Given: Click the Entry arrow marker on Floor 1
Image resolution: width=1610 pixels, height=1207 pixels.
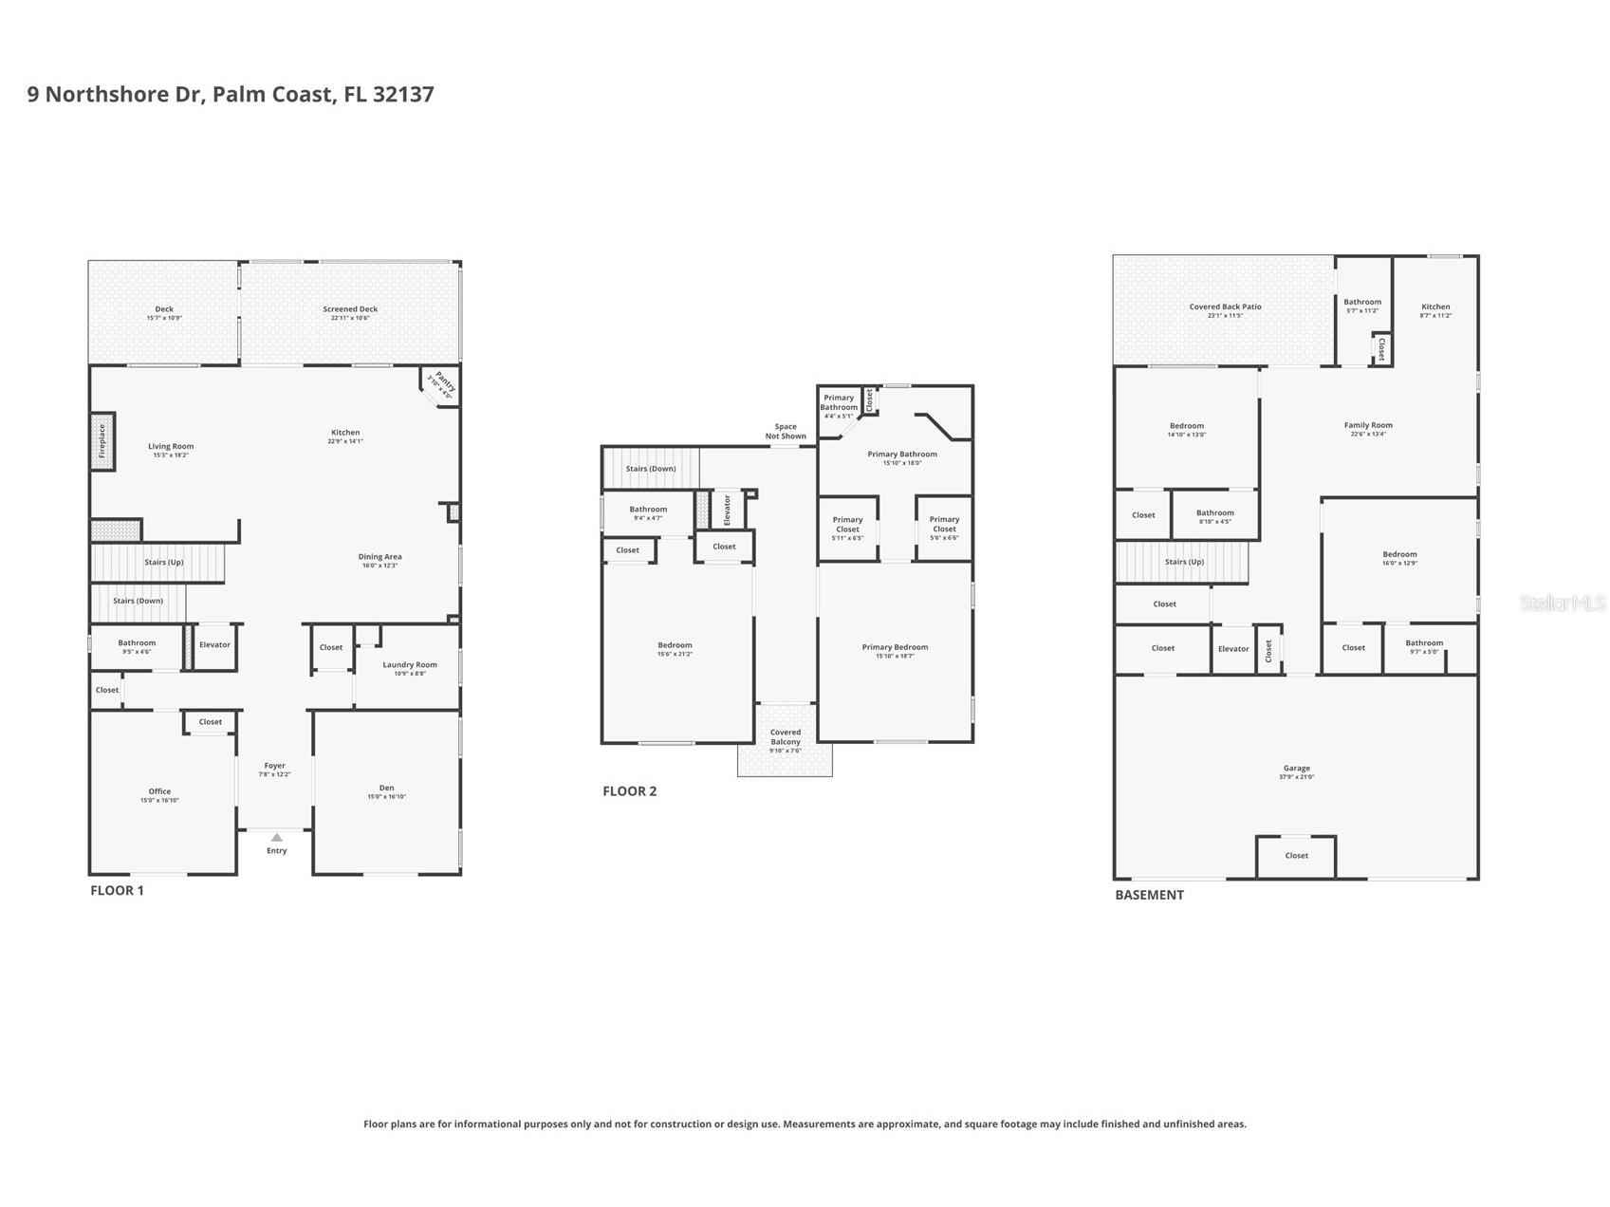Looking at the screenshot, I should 276,837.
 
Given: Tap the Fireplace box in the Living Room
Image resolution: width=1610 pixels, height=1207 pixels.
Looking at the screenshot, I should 102,441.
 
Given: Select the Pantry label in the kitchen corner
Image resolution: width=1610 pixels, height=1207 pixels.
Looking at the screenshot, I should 441,385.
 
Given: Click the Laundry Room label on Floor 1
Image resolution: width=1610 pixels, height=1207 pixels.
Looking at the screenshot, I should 410,664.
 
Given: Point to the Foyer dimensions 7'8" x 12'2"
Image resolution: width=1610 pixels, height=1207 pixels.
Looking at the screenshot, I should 274,774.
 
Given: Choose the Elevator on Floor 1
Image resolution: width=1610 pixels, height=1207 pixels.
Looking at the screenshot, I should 214,645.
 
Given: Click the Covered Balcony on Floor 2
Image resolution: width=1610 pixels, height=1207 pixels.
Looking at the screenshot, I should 785,737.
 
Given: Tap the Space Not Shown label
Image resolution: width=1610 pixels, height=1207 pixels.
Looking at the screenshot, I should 786,431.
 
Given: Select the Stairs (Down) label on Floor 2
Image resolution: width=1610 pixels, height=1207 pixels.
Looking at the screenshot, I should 651,469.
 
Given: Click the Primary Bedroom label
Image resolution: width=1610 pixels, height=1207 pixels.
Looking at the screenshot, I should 895,647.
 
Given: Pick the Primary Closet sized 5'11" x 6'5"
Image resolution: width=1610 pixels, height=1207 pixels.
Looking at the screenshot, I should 847,528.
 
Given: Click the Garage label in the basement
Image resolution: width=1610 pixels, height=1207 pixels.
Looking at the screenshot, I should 1296,769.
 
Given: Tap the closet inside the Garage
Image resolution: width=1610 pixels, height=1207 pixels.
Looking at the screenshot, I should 1296,856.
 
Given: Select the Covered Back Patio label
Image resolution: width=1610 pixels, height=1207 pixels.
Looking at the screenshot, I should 1225,306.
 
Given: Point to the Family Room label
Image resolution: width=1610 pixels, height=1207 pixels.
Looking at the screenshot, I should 1367,425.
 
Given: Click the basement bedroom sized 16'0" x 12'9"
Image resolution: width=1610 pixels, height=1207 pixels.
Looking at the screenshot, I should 1398,558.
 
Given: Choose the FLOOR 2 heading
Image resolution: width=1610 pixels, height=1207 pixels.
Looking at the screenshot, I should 629,791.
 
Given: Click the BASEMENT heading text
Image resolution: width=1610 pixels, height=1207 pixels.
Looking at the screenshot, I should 1149,895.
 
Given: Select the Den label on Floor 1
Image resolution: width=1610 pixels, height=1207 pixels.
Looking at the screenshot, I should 386,788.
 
